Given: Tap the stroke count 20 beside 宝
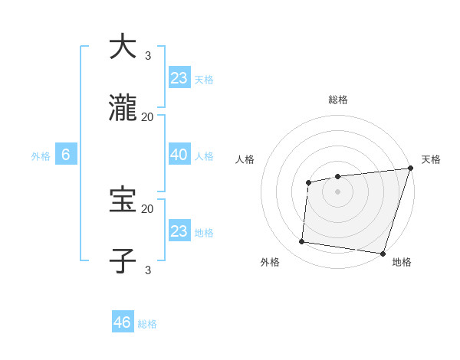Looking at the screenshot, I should (x=148, y=208).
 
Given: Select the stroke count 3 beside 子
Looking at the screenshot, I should (x=148, y=270).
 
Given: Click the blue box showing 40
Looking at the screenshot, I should (x=179, y=155).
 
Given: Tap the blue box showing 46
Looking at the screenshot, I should (x=123, y=322).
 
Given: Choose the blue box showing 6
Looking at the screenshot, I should (x=66, y=155).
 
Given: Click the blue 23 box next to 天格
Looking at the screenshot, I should (x=179, y=78).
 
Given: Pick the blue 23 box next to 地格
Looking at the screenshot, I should (x=179, y=231).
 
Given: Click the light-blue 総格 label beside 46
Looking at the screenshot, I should (x=147, y=324).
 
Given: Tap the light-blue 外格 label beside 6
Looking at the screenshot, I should (x=41, y=156).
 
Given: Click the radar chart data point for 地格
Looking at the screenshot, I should (x=383, y=254).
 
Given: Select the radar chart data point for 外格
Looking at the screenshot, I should (x=302, y=242).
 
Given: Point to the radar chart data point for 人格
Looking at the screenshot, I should (x=308, y=182).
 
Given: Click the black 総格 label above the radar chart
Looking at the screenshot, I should (x=337, y=100).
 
